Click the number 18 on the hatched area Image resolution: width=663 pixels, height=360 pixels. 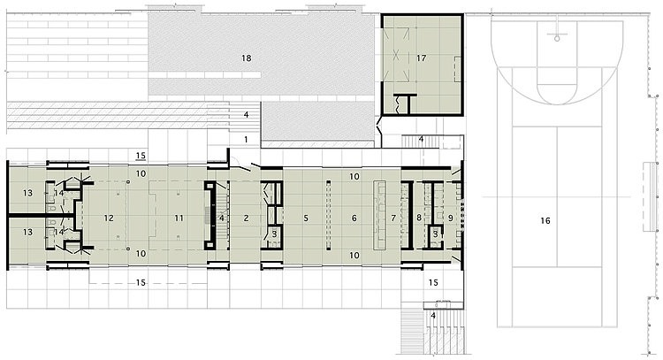coord(246,58)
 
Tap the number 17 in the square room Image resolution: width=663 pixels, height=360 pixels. coord(421,58)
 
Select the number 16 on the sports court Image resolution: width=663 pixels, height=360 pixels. coord(545,220)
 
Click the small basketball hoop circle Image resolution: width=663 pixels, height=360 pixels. coord(557,39)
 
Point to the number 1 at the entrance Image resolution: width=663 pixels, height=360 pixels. coord(246,139)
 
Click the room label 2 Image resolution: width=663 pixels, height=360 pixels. coord(246,218)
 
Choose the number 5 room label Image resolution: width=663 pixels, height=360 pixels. coord(306,218)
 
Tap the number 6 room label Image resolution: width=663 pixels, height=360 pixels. coord(354,218)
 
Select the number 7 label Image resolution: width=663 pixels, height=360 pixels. coord(393,218)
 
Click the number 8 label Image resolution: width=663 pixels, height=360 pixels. coord(419,218)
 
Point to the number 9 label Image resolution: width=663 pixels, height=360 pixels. coord(450,218)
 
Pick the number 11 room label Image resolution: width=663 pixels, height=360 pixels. coord(179,218)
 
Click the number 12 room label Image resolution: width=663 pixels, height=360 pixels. coord(109,218)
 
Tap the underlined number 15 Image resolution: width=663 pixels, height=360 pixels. coord(141,156)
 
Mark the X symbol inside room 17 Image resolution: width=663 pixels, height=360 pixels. coord(396,55)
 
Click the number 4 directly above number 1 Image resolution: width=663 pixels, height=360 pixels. coord(246,115)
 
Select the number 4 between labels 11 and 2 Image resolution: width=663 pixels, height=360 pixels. coord(222,218)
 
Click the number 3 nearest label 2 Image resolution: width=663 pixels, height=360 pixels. coord(274,234)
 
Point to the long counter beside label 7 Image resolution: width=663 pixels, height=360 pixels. coord(380,216)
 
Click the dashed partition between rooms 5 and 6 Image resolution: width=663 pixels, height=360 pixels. coord(329,215)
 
